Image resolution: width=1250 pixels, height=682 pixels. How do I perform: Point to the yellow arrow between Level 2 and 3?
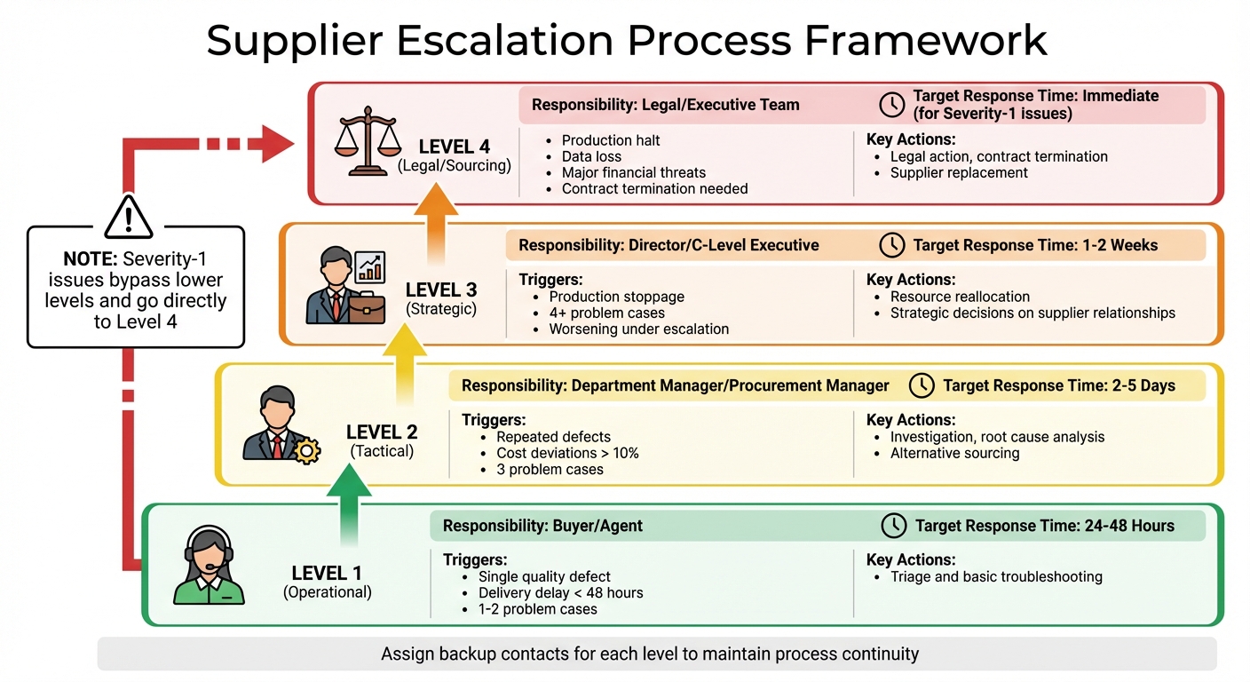click(x=399, y=362)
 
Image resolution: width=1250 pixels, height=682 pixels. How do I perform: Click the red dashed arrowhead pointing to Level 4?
click(x=276, y=143)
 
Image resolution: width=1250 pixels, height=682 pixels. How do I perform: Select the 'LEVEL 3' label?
click(x=441, y=289)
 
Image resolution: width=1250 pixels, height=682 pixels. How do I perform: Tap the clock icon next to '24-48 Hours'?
click(x=893, y=526)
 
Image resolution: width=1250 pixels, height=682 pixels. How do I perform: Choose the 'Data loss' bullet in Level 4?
click(x=591, y=156)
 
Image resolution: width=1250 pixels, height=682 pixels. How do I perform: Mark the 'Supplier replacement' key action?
click(x=959, y=172)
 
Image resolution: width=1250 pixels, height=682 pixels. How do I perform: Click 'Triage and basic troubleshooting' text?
click(x=996, y=576)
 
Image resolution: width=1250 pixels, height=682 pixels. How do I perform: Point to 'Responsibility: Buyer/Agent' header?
click(x=542, y=526)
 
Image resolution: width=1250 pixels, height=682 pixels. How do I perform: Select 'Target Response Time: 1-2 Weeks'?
click(x=1035, y=245)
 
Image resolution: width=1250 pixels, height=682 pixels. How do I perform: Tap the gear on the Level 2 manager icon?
click(x=307, y=451)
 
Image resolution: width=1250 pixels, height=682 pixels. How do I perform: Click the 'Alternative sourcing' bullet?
click(x=954, y=453)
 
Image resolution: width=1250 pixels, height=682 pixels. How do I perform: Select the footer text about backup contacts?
click(x=650, y=654)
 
